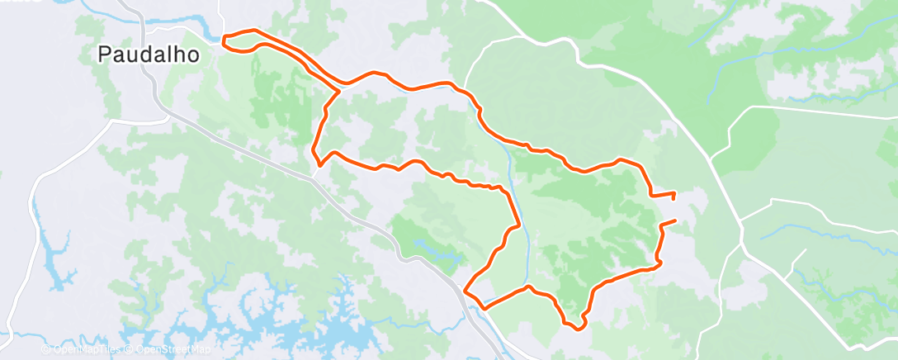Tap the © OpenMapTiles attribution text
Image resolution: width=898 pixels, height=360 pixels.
[83, 350]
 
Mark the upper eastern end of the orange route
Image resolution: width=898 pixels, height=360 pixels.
[674, 195]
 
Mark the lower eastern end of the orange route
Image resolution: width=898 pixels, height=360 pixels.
[675, 220]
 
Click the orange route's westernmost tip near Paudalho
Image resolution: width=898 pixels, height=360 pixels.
[224, 36]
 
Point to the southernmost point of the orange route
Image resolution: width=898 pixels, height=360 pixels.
[578, 329]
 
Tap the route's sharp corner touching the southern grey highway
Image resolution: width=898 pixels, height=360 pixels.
[466, 291]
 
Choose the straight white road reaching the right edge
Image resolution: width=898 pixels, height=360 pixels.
[825, 111]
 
